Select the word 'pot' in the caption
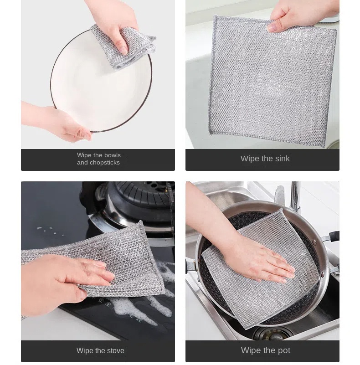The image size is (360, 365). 283,351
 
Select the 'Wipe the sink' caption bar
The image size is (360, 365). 262,159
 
